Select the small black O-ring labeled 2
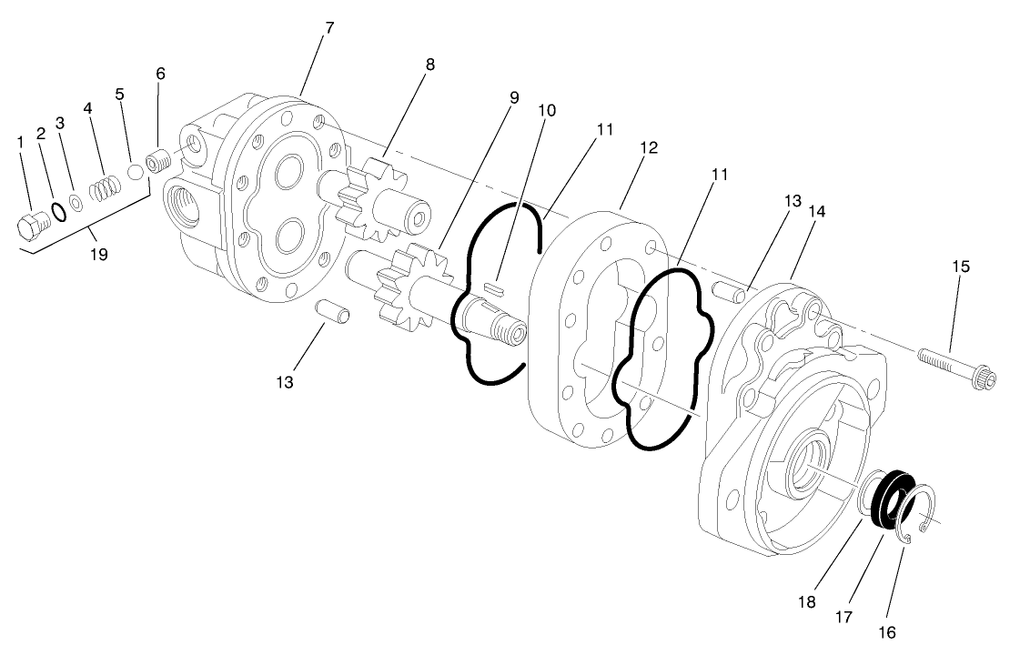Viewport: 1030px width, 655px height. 57,212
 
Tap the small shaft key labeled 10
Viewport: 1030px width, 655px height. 492,287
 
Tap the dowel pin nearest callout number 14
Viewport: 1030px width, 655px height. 726,292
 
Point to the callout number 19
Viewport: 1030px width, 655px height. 98,256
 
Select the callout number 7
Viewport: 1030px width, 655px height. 328,27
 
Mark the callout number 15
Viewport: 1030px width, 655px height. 961,267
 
